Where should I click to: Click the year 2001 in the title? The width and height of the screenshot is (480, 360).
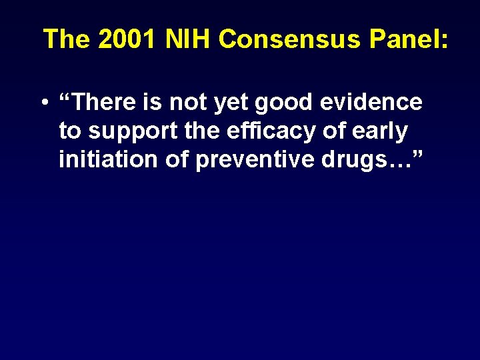pyautogui.click(x=127, y=39)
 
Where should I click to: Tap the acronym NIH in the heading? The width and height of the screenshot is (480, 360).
pyautogui.click(x=189, y=39)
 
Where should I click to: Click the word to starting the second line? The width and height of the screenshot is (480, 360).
pyautogui.click(x=69, y=132)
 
